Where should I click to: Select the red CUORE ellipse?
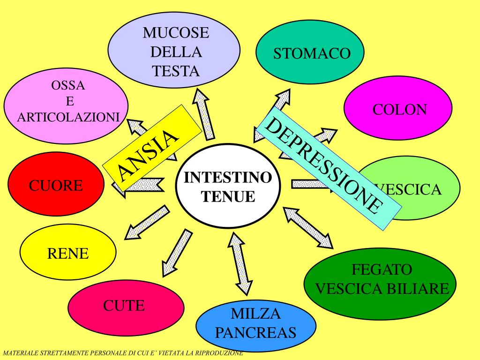(56, 186)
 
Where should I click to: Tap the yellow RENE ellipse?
(68, 254)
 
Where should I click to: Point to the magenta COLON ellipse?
(398, 110)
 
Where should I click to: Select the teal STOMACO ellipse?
(311, 53)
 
